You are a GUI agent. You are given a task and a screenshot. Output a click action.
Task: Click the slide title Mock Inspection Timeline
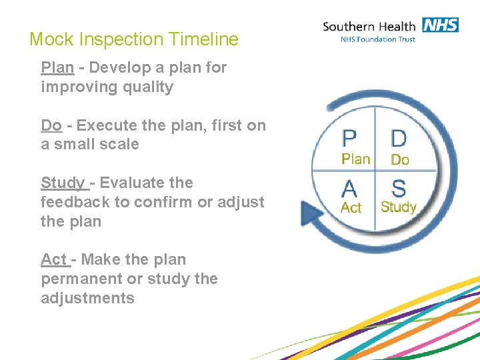coord(133,39)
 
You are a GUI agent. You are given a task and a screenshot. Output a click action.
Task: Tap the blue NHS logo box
coord(439,25)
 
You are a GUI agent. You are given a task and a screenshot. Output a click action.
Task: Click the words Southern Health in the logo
coord(369,27)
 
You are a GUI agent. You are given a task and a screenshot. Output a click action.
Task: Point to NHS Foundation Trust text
coord(378,39)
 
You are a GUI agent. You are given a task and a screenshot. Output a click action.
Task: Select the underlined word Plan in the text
coord(57,68)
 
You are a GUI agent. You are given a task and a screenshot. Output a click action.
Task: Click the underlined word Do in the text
coord(51,125)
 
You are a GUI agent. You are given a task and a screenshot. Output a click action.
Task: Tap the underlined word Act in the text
coord(54,260)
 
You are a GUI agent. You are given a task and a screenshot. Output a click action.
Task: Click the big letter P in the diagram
coord(349,139)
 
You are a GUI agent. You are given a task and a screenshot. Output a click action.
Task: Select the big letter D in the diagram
coord(399,139)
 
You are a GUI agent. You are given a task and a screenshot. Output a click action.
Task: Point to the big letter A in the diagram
coord(350,188)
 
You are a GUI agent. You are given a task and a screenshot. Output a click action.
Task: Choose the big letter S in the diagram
coord(399,188)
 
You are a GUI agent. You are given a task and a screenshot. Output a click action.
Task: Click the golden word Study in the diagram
coord(398,207)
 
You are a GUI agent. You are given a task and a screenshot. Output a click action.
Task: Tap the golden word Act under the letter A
coord(351,207)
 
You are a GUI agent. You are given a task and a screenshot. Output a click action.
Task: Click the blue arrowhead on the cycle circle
coord(311,213)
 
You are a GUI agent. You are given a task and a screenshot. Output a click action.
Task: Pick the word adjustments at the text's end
coord(87,298)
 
